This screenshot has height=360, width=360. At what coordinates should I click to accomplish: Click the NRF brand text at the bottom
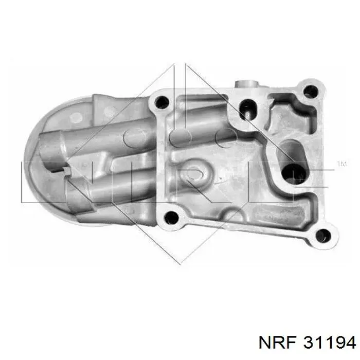278,343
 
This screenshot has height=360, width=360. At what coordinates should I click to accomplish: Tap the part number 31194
330,343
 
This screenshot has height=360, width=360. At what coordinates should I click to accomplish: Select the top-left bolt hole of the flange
161,102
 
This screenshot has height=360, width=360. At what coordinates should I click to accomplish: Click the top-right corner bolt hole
311,92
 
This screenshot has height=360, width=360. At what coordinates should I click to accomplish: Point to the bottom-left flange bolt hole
171,218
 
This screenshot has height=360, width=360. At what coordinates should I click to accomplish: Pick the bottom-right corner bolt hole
323,236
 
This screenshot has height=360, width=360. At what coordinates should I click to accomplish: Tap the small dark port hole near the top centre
247,109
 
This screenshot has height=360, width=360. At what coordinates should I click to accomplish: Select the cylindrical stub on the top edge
246,84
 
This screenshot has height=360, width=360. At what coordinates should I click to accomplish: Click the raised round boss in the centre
195,172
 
